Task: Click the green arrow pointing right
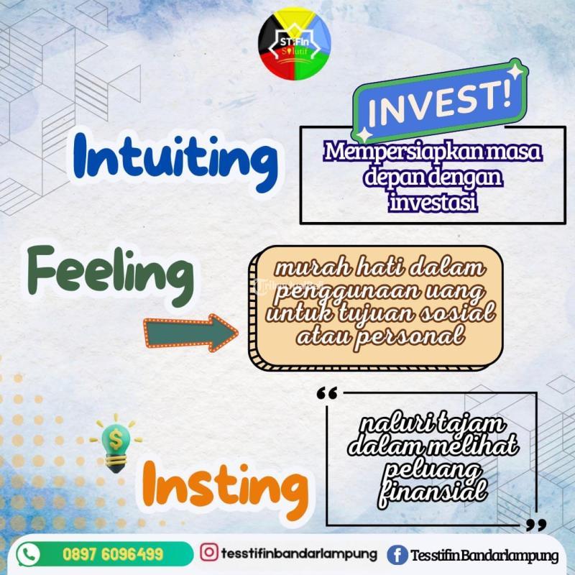coord(190,331)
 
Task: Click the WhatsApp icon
coord(28,554)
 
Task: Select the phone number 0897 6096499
coord(113,555)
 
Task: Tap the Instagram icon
coord(209,553)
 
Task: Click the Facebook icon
coord(395,555)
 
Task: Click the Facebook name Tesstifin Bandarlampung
coord(484,556)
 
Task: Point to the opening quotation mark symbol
coord(326,394)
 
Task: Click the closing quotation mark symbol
coord(533,525)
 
